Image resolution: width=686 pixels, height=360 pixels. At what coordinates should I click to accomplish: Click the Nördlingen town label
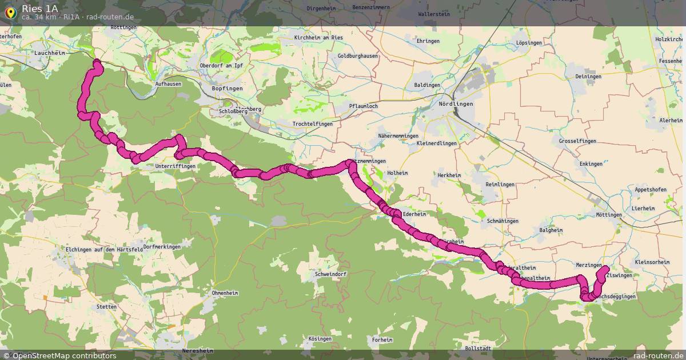pyautogui.click(x=456, y=104)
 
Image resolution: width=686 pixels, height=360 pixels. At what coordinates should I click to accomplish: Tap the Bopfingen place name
pyautogui.click(x=227, y=89)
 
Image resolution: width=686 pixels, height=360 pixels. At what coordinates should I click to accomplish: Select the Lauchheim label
pyautogui.click(x=50, y=53)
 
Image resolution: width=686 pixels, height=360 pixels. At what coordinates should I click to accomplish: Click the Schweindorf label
pyautogui.click(x=330, y=274)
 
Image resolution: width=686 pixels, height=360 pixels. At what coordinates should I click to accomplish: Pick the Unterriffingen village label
pyautogui.click(x=175, y=166)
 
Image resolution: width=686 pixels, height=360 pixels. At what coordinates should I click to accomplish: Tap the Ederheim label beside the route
pyautogui.click(x=415, y=214)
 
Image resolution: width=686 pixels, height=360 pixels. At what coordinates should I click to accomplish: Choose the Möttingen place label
pyautogui.click(x=608, y=215)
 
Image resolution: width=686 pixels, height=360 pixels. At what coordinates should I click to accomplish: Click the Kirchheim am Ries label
pyautogui.click(x=318, y=38)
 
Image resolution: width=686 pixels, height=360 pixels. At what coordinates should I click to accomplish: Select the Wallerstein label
pyautogui.click(x=434, y=14)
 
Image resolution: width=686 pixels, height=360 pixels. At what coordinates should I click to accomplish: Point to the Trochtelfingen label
pyautogui.click(x=312, y=123)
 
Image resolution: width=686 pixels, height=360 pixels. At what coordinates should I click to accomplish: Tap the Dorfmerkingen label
pyautogui.click(x=162, y=247)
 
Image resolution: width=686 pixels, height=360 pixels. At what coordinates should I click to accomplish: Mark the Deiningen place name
pyautogui.click(x=589, y=77)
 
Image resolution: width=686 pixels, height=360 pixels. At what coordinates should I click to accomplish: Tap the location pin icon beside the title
pyautogui.click(x=10, y=12)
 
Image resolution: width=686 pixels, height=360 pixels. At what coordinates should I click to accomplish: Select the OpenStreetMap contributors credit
pyautogui.click(x=63, y=355)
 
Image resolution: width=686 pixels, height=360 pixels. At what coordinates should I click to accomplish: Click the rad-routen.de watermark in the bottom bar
pyautogui.click(x=659, y=355)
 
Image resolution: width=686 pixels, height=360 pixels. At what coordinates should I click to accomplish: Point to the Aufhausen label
pyautogui.click(x=168, y=83)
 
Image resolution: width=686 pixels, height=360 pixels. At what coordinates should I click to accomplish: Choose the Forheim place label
pyautogui.click(x=382, y=340)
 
